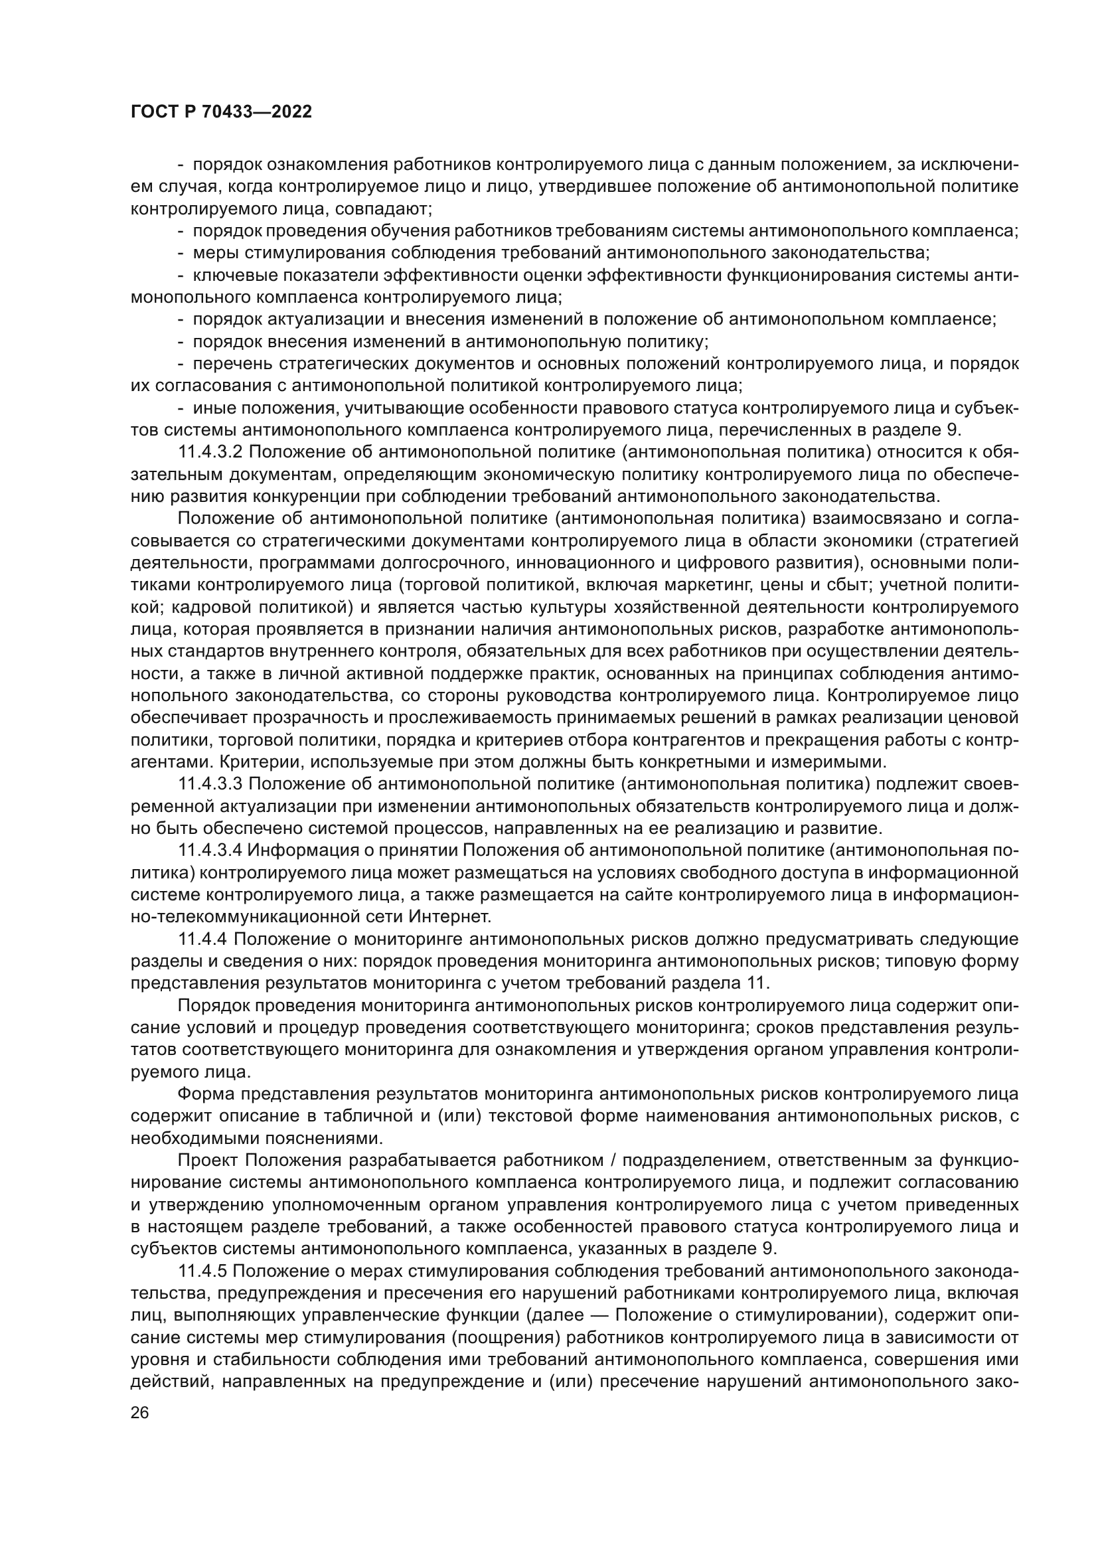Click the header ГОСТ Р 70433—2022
click(x=221, y=112)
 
